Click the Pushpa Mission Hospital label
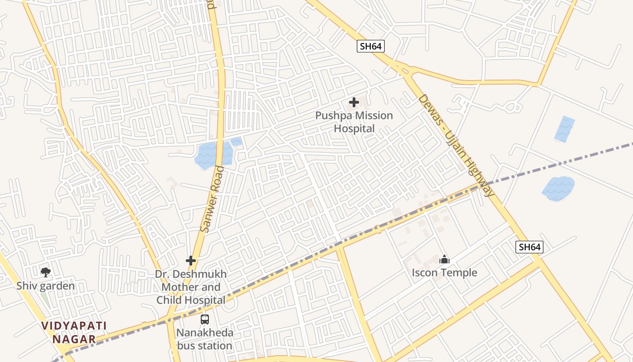[354, 122]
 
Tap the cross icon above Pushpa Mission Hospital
[354, 102]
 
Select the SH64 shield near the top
[371, 46]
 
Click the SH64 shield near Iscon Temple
[529, 247]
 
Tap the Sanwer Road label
[212, 199]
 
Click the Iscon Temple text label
[444, 272]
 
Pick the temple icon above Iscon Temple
[444, 259]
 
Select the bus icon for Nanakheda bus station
[205, 319]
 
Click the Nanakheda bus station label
[205, 339]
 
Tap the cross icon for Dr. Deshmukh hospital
[191, 261]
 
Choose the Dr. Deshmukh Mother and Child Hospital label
[191, 287]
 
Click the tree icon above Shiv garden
[45, 272]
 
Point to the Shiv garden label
[45, 286]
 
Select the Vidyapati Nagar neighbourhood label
[74, 332]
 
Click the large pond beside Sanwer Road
[209, 155]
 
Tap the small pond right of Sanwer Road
[236, 142]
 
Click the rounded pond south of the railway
[558, 188]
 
